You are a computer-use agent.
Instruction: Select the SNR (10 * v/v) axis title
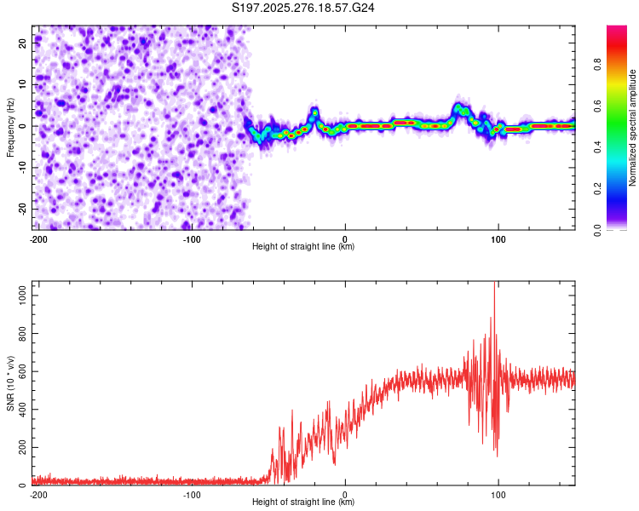[10, 383]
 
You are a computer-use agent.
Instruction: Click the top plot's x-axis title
[303, 246]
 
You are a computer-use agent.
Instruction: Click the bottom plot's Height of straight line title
[303, 502]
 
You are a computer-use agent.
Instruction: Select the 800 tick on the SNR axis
[20, 330]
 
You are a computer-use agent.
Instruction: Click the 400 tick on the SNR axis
[20, 408]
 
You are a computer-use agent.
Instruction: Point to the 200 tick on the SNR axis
[20, 447]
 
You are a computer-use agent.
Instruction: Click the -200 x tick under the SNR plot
[37, 494]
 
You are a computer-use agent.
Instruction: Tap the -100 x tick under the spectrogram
[191, 238]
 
